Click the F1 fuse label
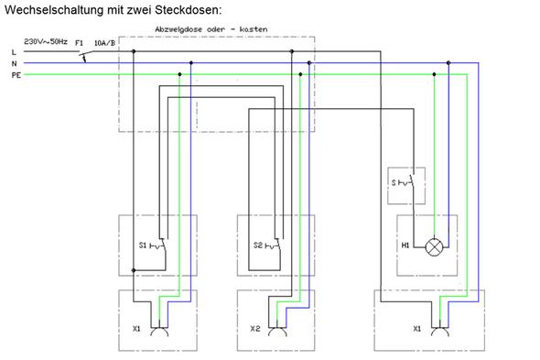[80, 42]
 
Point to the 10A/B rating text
[105, 42]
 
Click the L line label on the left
[14, 52]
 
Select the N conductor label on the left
[14, 63]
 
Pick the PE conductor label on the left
[15, 74]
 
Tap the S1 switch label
[143, 245]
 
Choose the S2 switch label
[259, 245]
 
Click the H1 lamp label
[404, 245]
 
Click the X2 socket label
[254, 327]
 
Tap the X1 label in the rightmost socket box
[416, 327]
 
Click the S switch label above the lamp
[394, 184]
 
